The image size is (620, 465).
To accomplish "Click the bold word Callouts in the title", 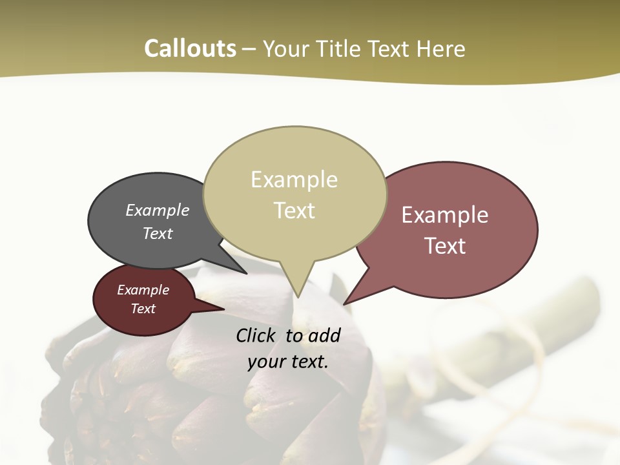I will click(190, 48).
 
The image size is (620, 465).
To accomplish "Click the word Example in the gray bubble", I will click(158, 210).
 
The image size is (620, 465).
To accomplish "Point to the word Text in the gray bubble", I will click(158, 233).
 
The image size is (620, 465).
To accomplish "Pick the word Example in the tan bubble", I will click(294, 180).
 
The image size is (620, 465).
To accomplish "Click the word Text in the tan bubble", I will click(294, 210).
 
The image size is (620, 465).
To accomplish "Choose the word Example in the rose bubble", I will click(445, 215).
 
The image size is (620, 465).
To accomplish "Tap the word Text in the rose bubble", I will click(445, 245).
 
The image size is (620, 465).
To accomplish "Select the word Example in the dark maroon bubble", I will click(143, 290).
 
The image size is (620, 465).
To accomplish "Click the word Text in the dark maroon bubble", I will click(143, 309).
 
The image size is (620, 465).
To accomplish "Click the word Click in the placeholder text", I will click(257, 335).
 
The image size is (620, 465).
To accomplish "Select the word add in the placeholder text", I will click(324, 335).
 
